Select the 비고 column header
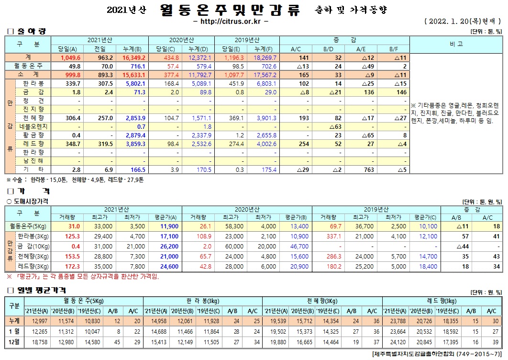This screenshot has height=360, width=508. click(456, 44)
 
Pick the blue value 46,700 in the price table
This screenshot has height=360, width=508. click(299, 246)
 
